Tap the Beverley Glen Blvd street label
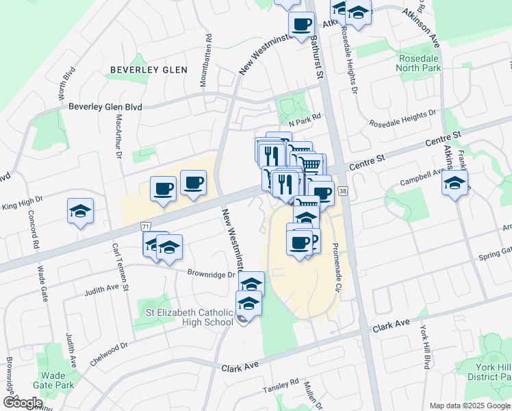tap(105, 107)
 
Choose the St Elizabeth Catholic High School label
tap(190, 317)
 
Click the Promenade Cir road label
tap(336, 268)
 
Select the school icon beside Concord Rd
tap(81, 212)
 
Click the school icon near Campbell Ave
tap(455, 184)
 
